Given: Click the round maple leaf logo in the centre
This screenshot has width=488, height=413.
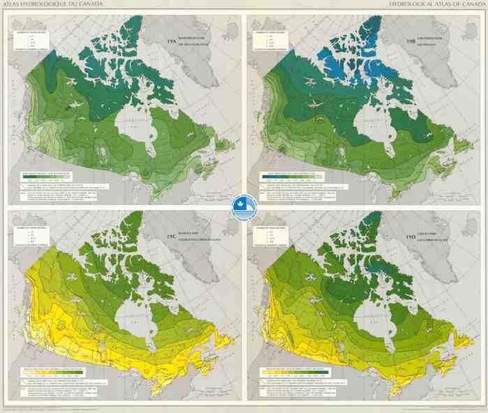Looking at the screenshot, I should [244, 206].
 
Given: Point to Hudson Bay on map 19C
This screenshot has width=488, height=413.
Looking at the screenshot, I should [131, 324].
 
